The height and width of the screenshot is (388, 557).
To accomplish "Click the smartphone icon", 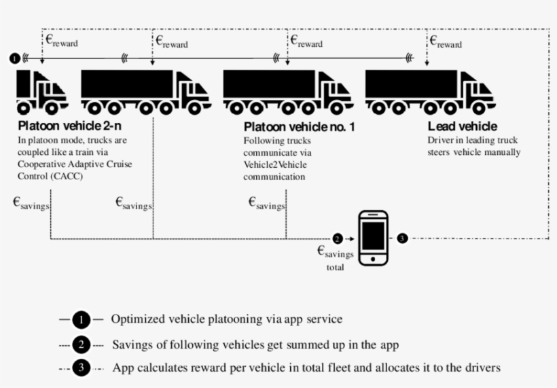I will [373, 238].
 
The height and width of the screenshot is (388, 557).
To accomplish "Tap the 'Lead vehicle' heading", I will [462, 127].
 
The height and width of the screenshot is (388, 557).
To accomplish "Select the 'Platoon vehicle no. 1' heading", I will [299, 127].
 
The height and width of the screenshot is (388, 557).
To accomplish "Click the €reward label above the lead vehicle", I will [445, 41].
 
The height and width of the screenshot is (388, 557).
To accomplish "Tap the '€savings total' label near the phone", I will [336, 257].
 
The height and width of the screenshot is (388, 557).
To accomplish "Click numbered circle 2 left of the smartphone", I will [338, 239].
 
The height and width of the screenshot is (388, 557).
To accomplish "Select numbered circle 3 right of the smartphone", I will [402, 239].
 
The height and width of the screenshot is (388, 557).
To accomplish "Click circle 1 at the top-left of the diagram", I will [15, 58].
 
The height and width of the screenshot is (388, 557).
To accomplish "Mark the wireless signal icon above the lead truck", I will [409, 58].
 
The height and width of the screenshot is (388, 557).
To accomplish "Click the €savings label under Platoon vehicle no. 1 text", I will [266, 202].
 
